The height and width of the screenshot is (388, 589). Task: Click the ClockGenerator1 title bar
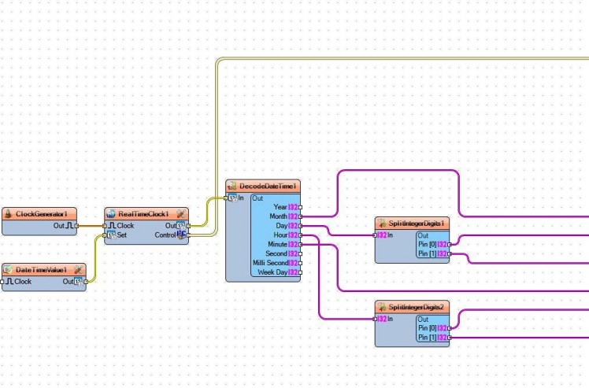point(40,214)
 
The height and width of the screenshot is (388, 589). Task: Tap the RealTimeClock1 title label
point(143,214)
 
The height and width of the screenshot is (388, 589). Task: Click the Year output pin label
point(280,207)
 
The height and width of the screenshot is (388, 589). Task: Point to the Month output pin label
point(279,216)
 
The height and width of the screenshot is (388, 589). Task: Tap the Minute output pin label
point(278,245)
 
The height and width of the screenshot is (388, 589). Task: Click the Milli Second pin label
point(270,263)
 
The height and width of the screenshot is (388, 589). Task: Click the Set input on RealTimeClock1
point(121,235)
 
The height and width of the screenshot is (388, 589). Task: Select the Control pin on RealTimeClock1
point(165,235)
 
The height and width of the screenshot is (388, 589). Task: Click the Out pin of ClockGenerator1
point(59,226)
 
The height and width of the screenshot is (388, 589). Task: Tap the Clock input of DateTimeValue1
point(24,281)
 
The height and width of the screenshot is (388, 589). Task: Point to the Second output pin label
point(276,253)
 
